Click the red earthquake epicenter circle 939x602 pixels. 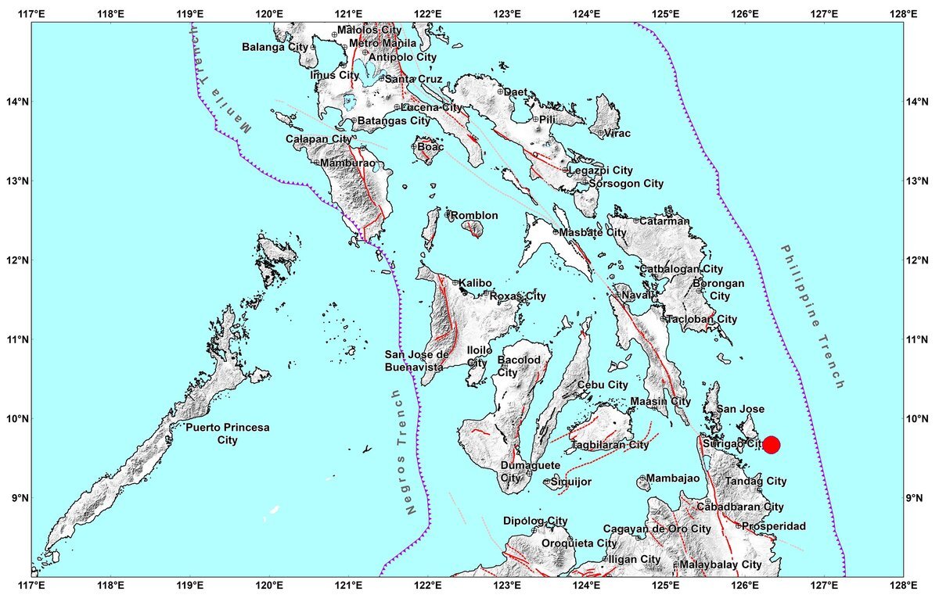[771, 445]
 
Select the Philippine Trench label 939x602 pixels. [813, 317]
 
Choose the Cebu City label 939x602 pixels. [603, 385]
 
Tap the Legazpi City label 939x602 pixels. [600, 170]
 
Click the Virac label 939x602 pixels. [617, 134]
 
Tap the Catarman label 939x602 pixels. [664, 221]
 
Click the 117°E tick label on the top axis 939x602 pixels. [31, 14]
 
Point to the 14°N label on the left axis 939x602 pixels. [16, 102]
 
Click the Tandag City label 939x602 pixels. [756, 482]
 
